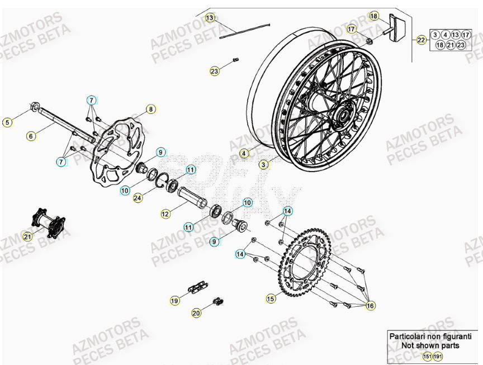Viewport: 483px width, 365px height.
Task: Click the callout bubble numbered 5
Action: (x=7, y=122)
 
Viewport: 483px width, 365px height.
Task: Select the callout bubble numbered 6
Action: (x=31, y=135)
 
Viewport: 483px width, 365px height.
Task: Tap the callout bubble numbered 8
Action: (x=150, y=109)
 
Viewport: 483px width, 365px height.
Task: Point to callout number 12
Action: (x=165, y=214)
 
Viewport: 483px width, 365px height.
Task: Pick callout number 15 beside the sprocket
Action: (x=271, y=299)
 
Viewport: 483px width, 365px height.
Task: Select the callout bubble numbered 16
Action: (x=370, y=306)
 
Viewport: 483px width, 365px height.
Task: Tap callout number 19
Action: (x=175, y=301)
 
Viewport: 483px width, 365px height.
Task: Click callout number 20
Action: (x=196, y=314)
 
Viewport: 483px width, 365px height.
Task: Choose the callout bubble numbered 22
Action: (x=421, y=40)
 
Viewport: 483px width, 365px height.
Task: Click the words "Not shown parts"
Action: (x=429, y=345)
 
